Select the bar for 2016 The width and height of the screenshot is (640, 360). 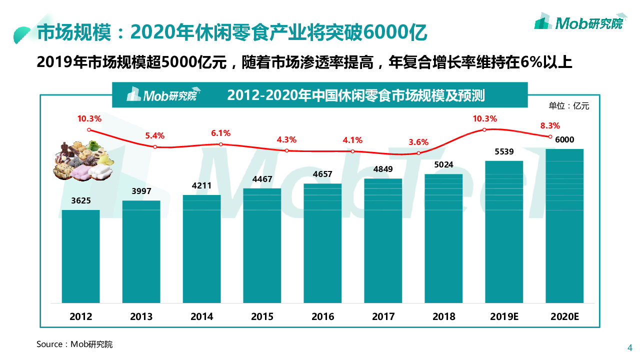[322, 243]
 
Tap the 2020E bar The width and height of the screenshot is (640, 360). [564, 225]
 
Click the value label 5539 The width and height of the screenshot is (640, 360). [504, 152]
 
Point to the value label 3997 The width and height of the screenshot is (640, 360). [141, 191]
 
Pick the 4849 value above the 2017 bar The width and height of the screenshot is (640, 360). [383, 169]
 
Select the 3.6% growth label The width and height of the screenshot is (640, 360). [418, 142]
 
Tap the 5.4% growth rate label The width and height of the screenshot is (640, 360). [154, 135]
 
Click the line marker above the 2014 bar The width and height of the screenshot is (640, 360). [220, 144]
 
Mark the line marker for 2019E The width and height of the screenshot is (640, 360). [484, 130]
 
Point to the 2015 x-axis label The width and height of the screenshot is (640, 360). [262, 316]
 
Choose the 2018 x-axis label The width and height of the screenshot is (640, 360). [443, 316]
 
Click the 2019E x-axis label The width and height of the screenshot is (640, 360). [504, 316]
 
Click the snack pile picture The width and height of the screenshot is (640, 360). [83, 160]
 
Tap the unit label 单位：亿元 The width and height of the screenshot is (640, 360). [569, 105]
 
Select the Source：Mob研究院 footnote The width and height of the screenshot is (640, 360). [74, 344]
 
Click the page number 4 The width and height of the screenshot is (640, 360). [630, 348]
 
